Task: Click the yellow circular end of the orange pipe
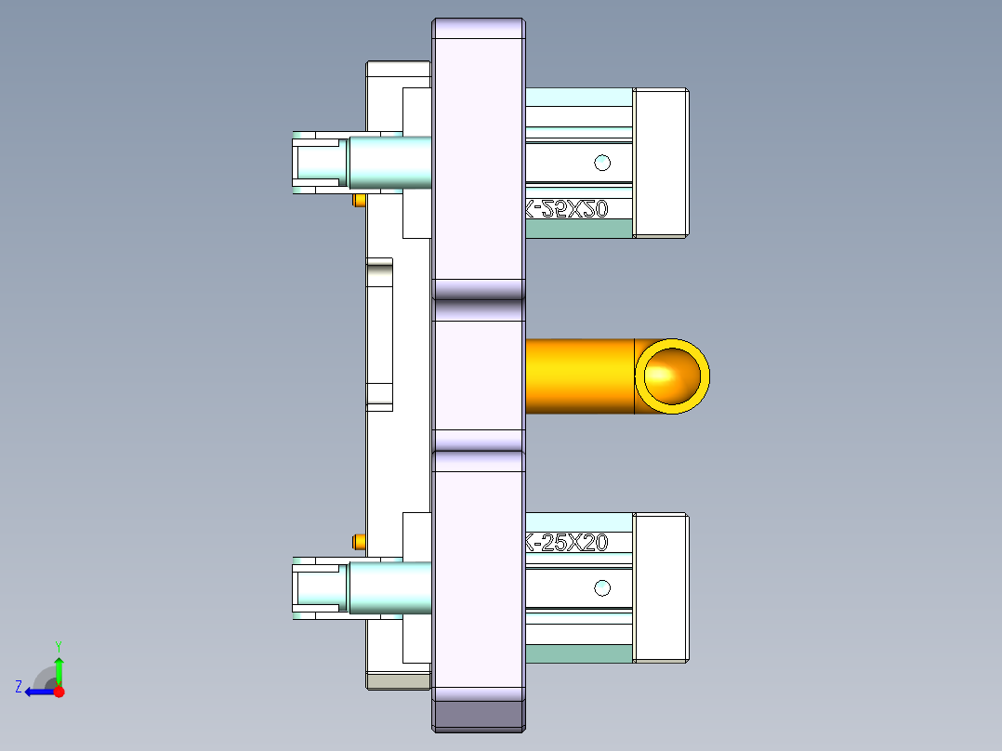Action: (x=672, y=376)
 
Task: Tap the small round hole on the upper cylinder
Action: (x=602, y=163)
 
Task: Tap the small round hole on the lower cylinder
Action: (x=602, y=587)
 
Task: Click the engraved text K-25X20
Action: (x=567, y=543)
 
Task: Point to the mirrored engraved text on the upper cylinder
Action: (x=567, y=210)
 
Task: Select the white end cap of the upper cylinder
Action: (x=661, y=163)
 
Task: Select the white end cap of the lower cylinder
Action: (x=661, y=587)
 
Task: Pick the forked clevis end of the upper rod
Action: (x=316, y=163)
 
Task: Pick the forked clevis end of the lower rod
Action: (x=316, y=587)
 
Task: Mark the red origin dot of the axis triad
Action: (x=59, y=692)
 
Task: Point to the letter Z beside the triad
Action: (x=19, y=687)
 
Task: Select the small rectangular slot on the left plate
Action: (x=379, y=335)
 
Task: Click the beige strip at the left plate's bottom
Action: (x=398, y=681)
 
